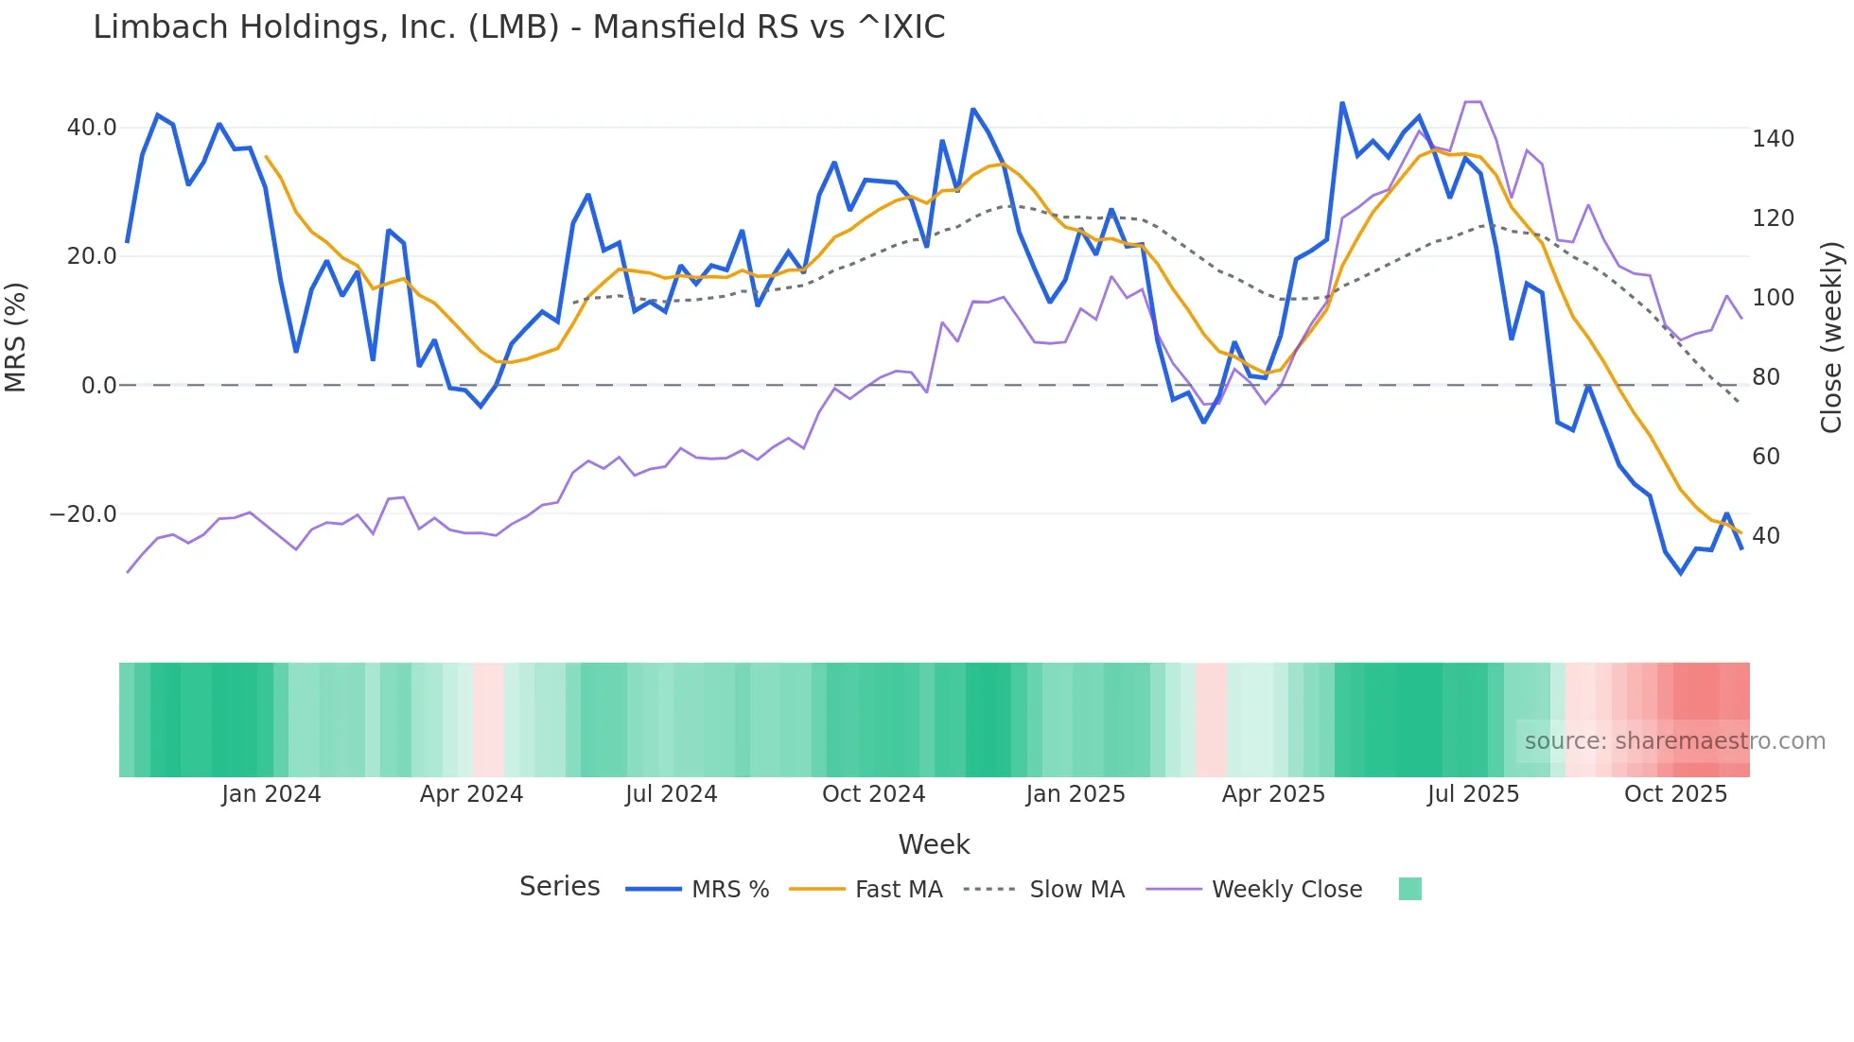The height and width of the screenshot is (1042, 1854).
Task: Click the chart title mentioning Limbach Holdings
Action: click(518, 27)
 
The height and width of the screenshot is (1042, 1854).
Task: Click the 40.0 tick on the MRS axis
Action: click(92, 128)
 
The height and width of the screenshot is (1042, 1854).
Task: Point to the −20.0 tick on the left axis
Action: click(83, 514)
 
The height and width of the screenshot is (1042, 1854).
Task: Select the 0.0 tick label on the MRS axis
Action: click(99, 386)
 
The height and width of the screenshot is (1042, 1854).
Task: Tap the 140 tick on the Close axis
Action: click(1773, 139)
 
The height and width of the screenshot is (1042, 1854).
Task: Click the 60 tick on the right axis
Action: click(1766, 457)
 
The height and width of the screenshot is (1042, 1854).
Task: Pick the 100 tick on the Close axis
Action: click(1773, 298)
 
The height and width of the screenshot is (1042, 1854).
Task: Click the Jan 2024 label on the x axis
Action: click(271, 794)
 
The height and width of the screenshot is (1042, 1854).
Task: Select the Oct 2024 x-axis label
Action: click(873, 794)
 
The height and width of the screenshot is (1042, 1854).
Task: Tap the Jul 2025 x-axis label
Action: click(1473, 794)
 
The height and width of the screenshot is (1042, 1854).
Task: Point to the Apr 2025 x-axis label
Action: click(1273, 794)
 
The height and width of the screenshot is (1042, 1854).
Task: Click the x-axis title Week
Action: click(934, 844)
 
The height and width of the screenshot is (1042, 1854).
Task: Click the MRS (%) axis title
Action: click(16, 337)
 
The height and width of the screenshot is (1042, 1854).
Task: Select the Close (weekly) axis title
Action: click(1831, 337)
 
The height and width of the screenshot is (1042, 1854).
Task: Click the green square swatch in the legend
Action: click(1409, 889)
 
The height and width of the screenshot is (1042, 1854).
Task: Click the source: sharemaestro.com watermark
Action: click(1674, 741)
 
